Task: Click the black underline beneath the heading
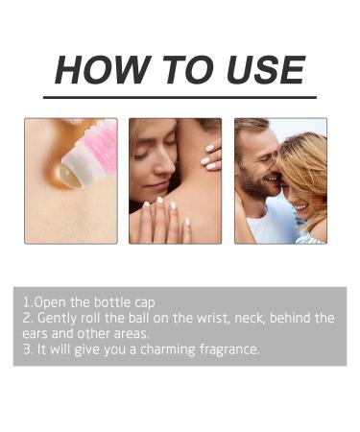180,97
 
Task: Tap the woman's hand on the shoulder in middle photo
208,154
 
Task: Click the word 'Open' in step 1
53,301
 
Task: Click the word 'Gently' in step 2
58,318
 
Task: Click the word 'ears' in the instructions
39,333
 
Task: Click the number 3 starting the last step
27,349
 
